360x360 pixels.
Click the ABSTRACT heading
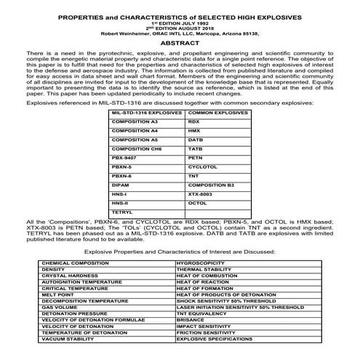coord(179,44)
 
